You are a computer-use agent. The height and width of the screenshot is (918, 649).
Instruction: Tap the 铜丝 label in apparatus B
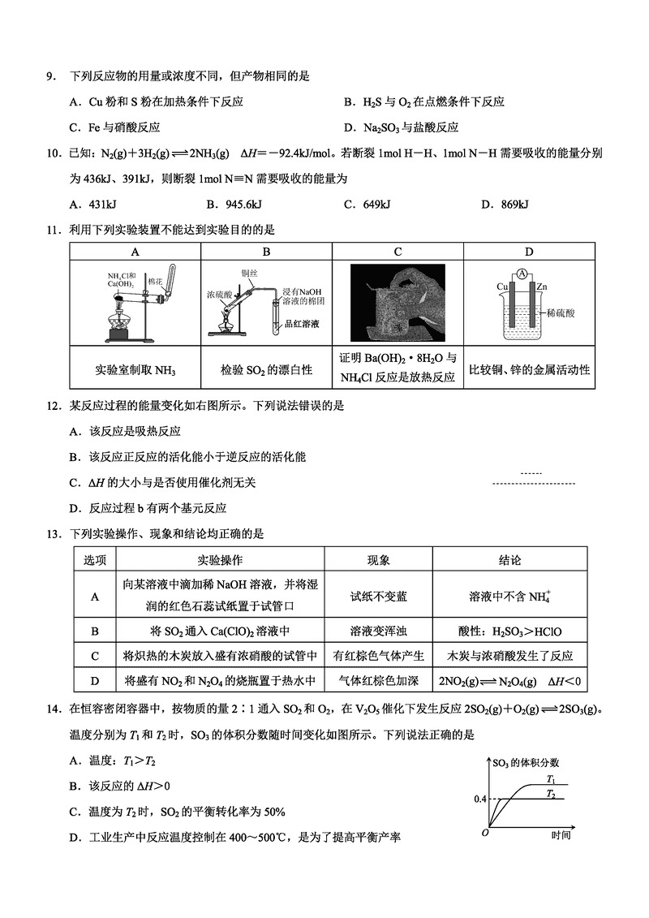coord(249,274)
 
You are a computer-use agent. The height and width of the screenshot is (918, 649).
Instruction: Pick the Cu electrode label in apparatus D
coord(502,287)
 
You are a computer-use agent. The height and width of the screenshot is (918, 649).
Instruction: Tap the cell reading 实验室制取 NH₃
coord(135,370)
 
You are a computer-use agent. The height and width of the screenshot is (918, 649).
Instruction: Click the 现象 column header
coord(378,560)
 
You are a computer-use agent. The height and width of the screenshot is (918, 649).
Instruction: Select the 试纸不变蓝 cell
coord(378,596)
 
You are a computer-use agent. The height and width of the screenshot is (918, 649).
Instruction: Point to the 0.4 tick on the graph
coord(479,799)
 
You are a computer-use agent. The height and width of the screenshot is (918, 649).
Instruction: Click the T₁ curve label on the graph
coord(549,778)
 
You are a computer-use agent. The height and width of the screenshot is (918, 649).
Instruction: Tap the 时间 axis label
coord(561,834)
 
